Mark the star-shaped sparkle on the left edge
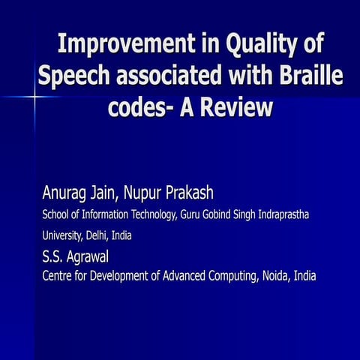tap(34, 97)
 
